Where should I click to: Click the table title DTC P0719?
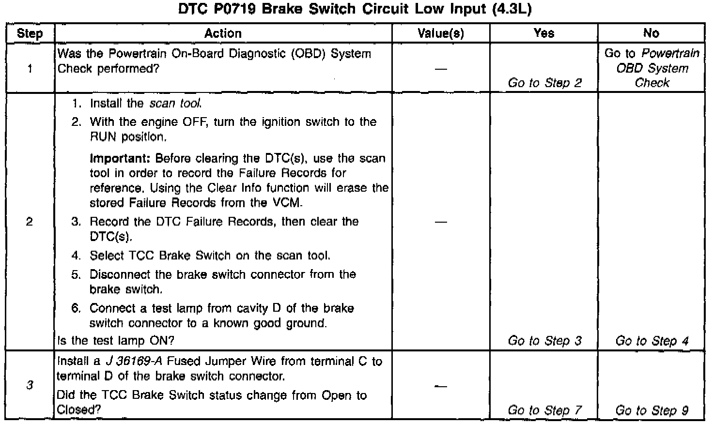pyautogui.click(x=355, y=10)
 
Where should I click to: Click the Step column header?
pyautogui.click(x=30, y=33)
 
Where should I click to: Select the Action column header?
pyautogui.click(x=223, y=33)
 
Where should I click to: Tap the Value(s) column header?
pyautogui.click(x=441, y=33)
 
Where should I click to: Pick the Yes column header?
pyautogui.click(x=543, y=33)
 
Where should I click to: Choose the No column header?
pyautogui.click(x=651, y=33)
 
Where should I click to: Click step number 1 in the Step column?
pyautogui.click(x=30, y=69)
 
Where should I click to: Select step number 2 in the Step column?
pyautogui.click(x=30, y=222)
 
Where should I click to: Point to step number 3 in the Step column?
pyautogui.click(x=30, y=385)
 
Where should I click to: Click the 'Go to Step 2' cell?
pyautogui.click(x=544, y=83)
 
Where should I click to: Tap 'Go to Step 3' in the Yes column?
pyautogui.click(x=544, y=341)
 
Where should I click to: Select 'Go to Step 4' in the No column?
pyautogui.click(x=651, y=341)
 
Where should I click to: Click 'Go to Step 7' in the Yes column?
pyautogui.click(x=544, y=410)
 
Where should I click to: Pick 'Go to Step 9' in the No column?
pyautogui.click(x=651, y=410)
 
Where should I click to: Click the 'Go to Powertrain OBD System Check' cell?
pyautogui.click(x=651, y=68)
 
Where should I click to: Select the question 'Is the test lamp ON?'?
pyautogui.click(x=116, y=341)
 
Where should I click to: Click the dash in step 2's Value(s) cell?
pyautogui.click(x=441, y=222)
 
